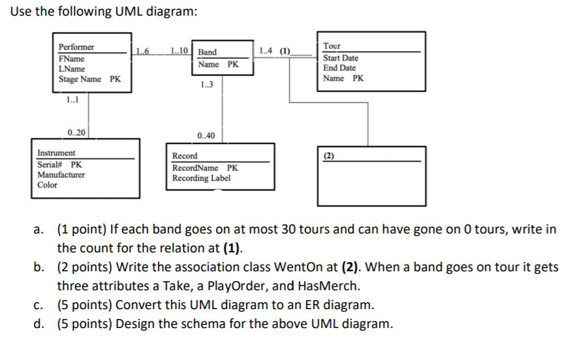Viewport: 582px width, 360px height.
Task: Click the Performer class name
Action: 76,48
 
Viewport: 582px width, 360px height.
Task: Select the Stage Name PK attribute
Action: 89,79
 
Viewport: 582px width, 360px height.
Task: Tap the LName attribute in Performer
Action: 72,68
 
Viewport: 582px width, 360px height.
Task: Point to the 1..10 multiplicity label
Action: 179,52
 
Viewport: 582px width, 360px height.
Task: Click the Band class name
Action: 207,52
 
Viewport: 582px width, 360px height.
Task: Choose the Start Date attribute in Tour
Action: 341,58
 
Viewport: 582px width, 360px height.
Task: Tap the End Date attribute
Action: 339,68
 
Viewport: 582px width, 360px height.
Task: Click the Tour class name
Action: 331,46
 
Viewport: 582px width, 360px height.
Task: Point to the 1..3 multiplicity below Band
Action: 206,84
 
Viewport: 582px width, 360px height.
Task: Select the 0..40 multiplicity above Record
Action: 205,136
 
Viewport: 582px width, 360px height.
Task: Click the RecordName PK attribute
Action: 205,168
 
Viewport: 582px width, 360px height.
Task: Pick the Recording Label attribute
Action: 201,178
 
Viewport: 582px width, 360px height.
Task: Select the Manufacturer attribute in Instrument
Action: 61,175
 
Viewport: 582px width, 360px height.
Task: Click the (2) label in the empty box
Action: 328,156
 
